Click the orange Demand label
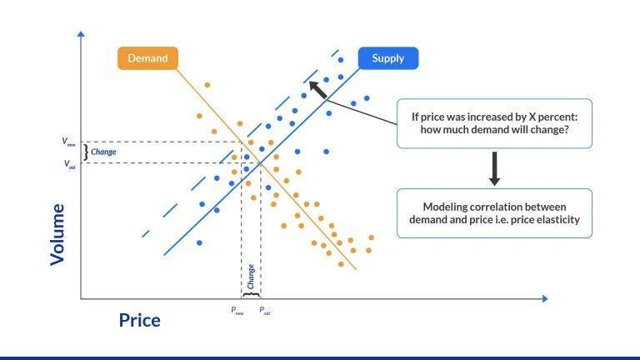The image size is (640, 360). pos(147,58)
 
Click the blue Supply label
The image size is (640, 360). pos(388,58)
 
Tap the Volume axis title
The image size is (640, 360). pos(57,234)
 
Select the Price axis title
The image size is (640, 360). pos(139,320)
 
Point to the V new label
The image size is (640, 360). pos(69,142)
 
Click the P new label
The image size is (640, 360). pos(237,311)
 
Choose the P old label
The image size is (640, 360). pos(264,311)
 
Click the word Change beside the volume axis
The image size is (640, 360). pos(103,152)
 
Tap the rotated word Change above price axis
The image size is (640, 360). pos(251,276)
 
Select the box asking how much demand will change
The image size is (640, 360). pos(494,123)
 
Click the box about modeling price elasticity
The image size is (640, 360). pos(494,213)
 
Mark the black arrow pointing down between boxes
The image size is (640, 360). pos(494,169)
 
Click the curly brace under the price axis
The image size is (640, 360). pos(251,294)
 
